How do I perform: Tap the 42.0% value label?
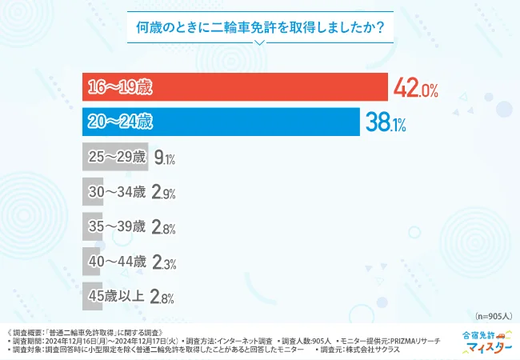pos(414,89)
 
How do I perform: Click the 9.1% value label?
pos(164,158)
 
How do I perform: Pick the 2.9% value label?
pos(164,193)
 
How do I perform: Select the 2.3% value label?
pos(164,262)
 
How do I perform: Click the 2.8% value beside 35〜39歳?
pos(164,227)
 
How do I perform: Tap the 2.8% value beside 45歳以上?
pos(164,297)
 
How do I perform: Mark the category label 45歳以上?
pos(117,297)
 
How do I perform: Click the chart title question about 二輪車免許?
pos(259,27)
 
